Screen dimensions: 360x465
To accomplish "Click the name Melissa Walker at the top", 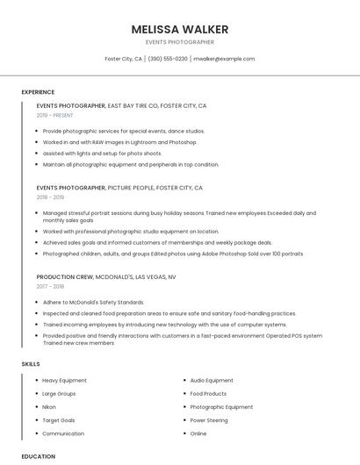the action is click(x=179, y=29).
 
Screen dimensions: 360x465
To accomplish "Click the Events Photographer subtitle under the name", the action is click(x=179, y=42).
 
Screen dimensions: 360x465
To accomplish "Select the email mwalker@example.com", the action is click(x=224, y=59).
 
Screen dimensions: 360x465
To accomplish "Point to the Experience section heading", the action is click(x=38, y=92).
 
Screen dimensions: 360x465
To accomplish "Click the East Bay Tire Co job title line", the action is click(x=121, y=105).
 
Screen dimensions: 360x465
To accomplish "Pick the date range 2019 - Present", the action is click(x=54, y=115).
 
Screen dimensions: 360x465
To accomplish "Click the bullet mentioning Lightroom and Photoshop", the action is click(x=119, y=141).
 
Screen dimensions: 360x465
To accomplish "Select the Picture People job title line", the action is click(x=119, y=188).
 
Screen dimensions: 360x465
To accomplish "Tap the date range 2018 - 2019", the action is click(x=50, y=197).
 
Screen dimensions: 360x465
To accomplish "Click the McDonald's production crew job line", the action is click(x=106, y=276).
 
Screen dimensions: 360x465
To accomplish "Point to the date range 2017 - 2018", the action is click(x=50, y=286).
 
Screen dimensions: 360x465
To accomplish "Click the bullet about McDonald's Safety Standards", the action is click(x=93, y=302).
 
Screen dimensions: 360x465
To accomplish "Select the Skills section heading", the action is click(x=31, y=363).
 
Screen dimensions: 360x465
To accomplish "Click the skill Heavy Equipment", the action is click(x=64, y=381).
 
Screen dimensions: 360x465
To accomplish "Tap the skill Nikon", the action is click(x=49, y=407).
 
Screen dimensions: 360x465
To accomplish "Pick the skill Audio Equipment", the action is click(x=212, y=381).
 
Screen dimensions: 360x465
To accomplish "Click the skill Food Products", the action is click(x=208, y=394).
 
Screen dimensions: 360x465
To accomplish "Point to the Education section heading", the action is click(x=39, y=456).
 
